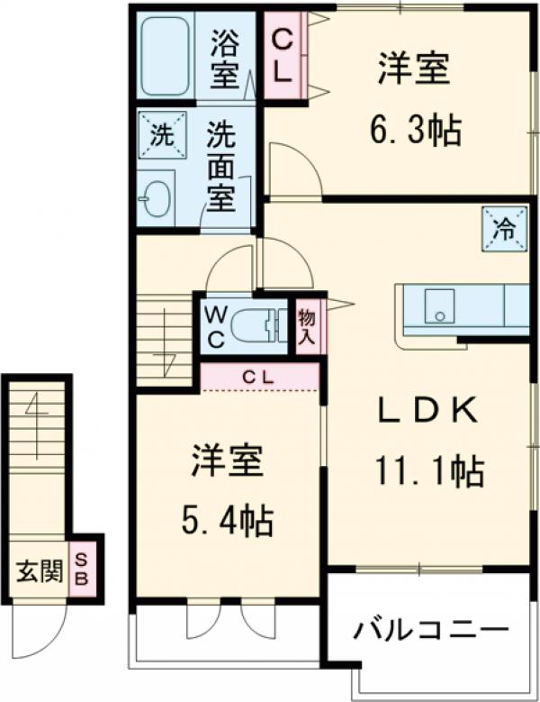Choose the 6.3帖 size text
[415, 132]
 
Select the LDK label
[425, 411]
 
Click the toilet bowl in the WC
[257, 326]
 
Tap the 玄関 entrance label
[38, 570]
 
